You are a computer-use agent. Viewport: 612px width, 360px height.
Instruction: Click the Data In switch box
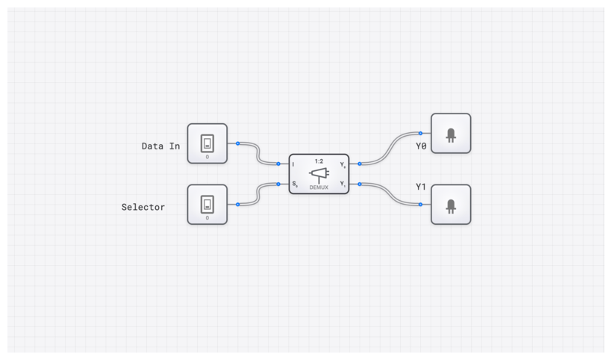[x=207, y=143]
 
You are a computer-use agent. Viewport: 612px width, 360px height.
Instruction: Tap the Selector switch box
[x=207, y=204]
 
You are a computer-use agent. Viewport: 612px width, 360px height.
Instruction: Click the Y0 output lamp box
[x=451, y=134]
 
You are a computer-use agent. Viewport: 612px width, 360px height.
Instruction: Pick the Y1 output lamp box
[x=451, y=205]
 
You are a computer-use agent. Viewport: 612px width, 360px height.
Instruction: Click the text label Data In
[x=160, y=146]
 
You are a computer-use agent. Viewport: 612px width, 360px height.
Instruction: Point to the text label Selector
[x=143, y=207]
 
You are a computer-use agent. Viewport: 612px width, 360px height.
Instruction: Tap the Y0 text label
[x=422, y=146]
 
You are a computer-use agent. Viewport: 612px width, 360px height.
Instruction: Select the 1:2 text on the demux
[x=319, y=161]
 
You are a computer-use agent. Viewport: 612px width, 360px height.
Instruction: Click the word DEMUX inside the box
[x=319, y=188]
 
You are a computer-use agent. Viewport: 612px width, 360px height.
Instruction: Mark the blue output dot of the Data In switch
[x=237, y=143]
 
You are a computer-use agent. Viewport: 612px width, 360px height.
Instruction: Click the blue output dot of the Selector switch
[x=237, y=204]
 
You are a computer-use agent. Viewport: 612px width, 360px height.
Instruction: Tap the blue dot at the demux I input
[x=278, y=164]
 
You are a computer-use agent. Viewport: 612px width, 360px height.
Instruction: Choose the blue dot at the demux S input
[x=278, y=183]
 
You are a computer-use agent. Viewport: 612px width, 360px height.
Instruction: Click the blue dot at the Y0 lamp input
[x=421, y=133]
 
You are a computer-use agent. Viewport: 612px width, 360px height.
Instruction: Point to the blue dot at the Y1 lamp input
[x=421, y=203]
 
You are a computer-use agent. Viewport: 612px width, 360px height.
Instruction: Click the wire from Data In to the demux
[x=257, y=153]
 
